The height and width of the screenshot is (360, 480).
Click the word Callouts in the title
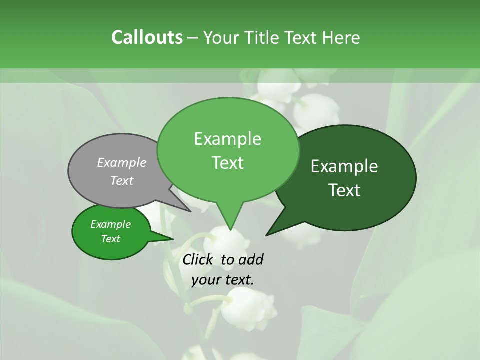(x=147, y=37)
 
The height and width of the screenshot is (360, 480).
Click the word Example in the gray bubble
(x=122, y=162)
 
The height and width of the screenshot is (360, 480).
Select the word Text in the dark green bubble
(x=344, y=190)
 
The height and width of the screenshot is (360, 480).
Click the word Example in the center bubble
(x=227, y=139)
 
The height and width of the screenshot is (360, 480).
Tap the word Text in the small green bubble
(x=111, y=239)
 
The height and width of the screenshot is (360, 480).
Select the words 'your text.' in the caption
(x=223, y=280)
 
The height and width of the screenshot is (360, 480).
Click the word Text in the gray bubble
(x=122, y=180)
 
